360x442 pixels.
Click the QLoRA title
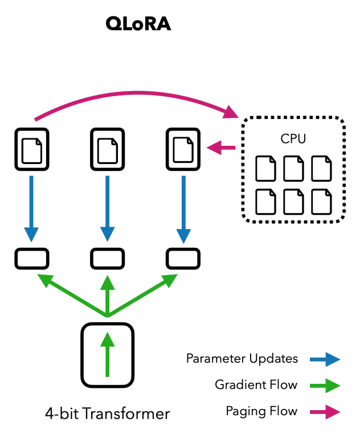pos(138,24)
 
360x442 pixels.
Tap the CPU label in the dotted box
pos(293,138)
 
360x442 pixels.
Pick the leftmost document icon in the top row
pos(32,149)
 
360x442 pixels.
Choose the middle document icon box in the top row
pos(107,149)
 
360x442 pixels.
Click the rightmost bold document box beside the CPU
pos(183,149)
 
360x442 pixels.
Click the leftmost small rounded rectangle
pos(32,259)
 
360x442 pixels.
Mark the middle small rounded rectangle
pos(107,259)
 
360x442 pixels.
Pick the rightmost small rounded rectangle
pos(183,259)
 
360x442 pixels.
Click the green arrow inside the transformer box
pos(107,353)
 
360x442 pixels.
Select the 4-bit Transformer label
pos(108,413)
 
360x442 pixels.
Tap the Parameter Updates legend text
pos(242,359)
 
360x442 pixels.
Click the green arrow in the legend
pos(325,386)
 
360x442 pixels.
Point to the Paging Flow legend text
pos(261,411)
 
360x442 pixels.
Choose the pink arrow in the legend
pos(325,412)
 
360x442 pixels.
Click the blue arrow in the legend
pos(325,359)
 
